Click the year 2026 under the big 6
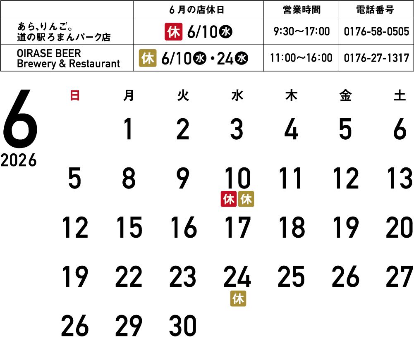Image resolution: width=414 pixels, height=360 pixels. pyautogui.click(x=19, y=160)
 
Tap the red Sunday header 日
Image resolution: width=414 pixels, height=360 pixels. pyautogui.click(x=75, y=95)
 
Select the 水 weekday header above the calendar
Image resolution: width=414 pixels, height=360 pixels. pyautogui.click(x=237, y=95)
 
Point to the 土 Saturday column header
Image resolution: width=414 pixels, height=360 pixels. pyautogui.click(x=400, y=95)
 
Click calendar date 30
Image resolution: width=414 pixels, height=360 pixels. pyautogui.click(x=183, y=326)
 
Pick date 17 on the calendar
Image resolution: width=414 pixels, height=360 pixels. pyautogui.click(x=237, y=227)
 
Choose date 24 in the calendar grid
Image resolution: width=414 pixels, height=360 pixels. pyautogui.click(x=237, y=277)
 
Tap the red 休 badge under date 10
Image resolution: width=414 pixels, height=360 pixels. pyautogui.click(x=229, y=199)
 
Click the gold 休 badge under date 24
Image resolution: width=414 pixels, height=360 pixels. pyautogui.click(x=238, y=298)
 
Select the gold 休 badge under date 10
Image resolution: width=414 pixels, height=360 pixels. pyautogui.click(x=246, y=199)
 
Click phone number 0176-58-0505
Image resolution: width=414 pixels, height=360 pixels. pyautogui.click(x=376, y=32)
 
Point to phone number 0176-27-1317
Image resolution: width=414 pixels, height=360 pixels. pyautogui.click(x=376, y=58)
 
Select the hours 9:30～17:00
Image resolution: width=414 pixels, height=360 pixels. pyautogui.click(x=302, y=32)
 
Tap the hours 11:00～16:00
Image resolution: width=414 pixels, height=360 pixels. pyautogui.click(x=301, y=58)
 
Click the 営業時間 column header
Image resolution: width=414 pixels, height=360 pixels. pyautogui.click(x=302, y=10)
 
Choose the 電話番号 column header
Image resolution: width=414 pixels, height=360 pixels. pyautogui.click(x=375, y=10)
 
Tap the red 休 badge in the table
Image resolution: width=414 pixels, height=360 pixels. pyautogui.click(x=173, y=32)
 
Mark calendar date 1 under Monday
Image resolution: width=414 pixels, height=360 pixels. pyautogui.click(x=128, y=129)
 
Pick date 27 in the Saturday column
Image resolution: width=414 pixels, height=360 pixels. pyautogui.click(x=400, y=277)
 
